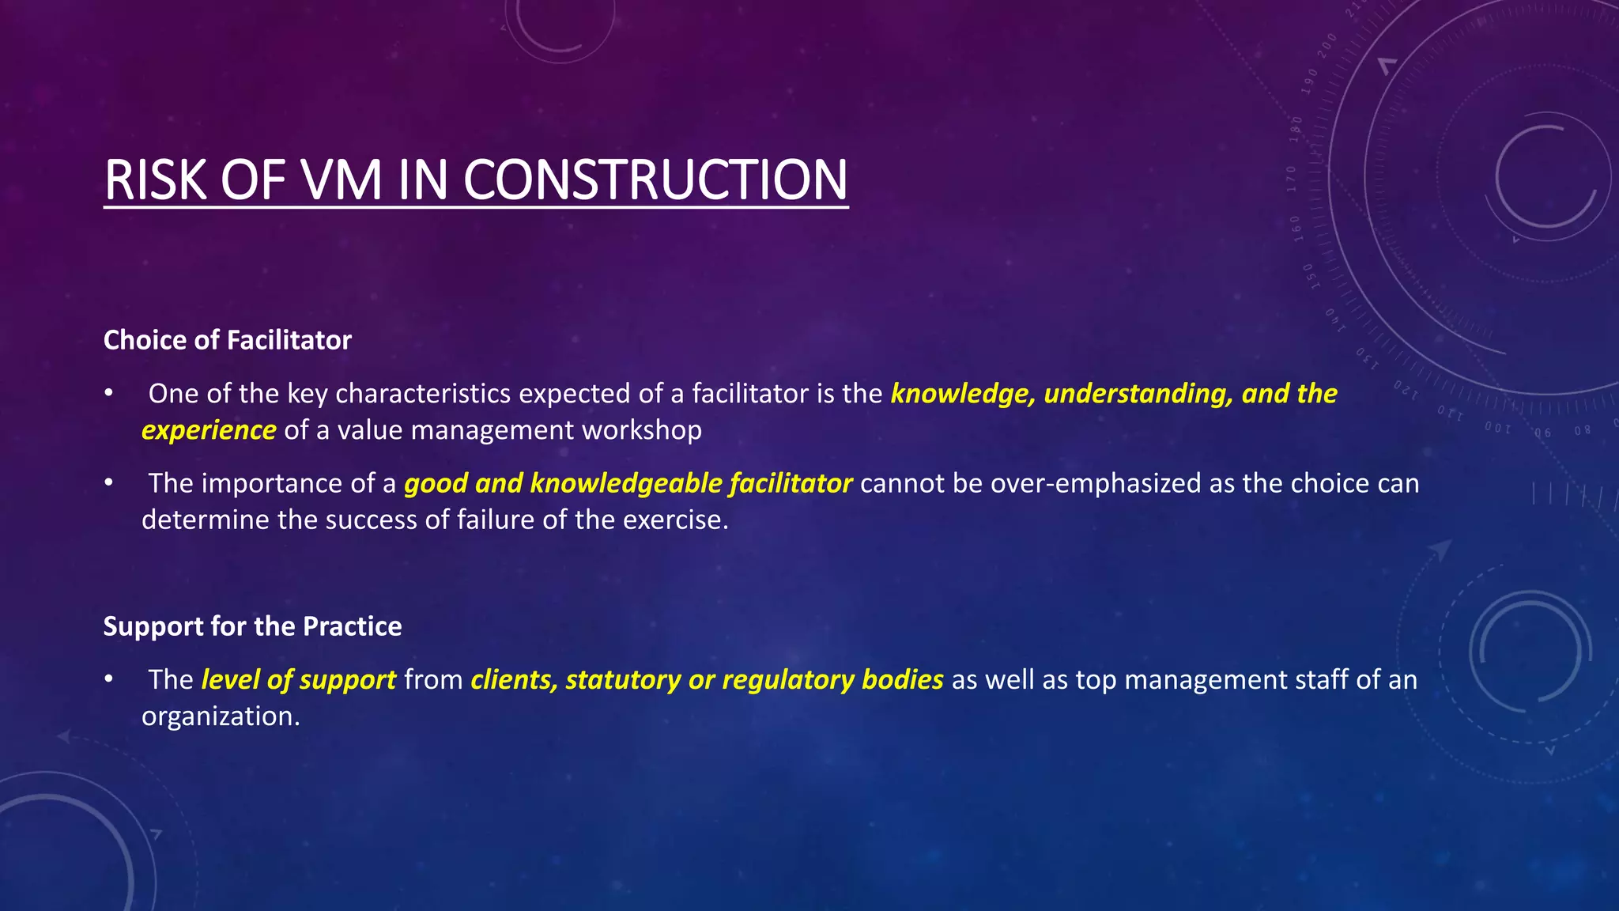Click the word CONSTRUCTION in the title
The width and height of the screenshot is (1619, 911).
(655, 180)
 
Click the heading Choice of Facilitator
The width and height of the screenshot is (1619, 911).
(227, 340)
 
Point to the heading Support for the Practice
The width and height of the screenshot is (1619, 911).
(252, 626)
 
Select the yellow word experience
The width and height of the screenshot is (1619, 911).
(209, 430)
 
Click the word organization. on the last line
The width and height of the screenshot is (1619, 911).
(221, 716)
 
